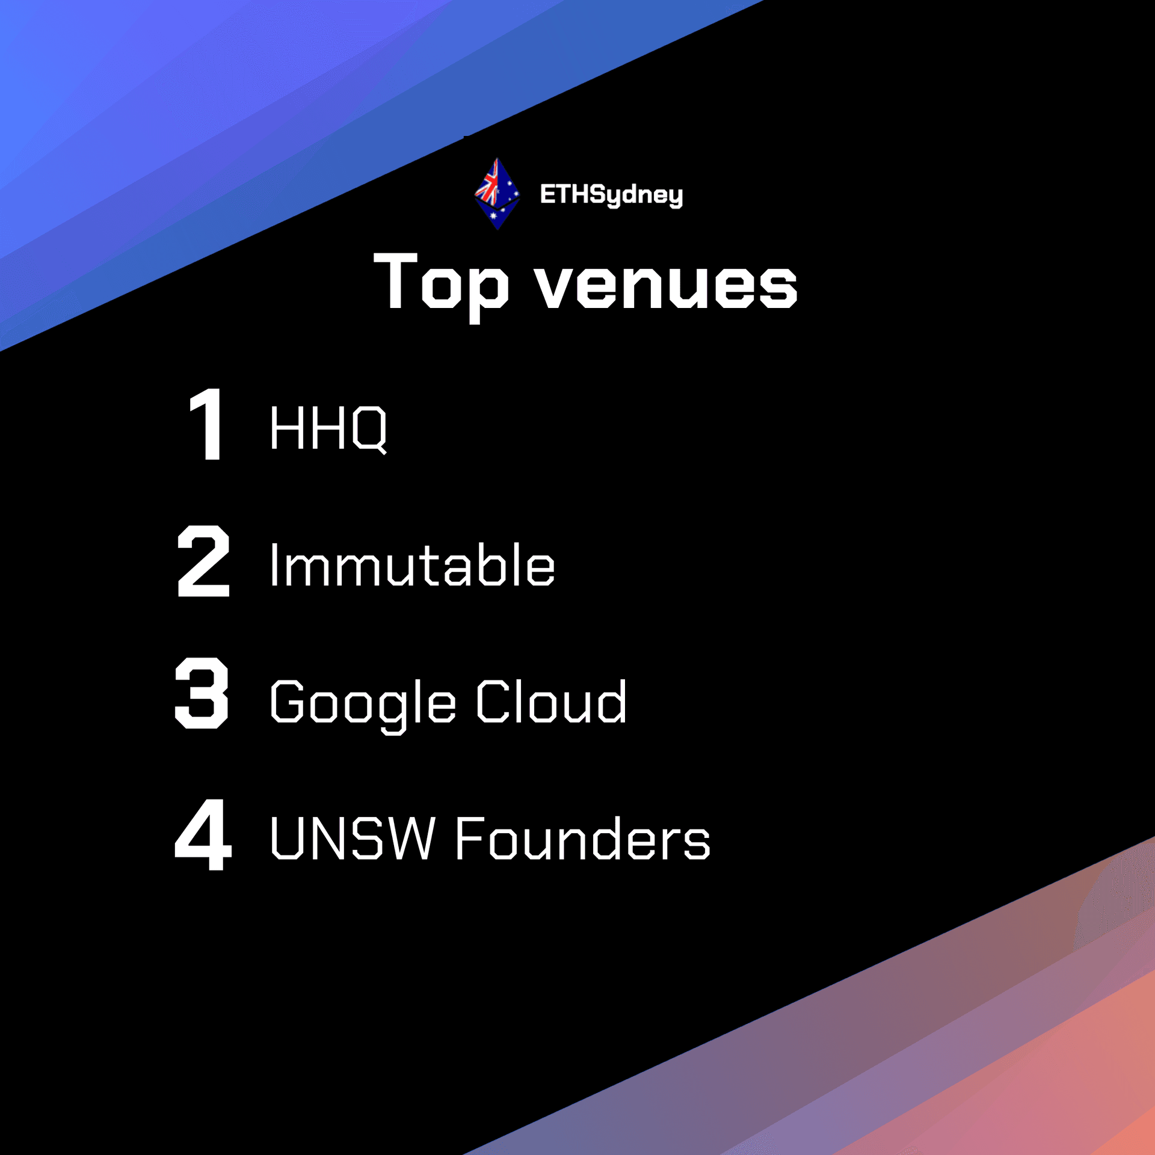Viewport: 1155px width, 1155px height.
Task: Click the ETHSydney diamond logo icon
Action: (x=497, y=194)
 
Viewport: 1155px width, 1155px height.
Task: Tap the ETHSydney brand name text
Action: (x=611, y=195)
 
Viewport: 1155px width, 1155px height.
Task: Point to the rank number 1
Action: (x=206, y=423)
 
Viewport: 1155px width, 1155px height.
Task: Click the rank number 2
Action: (x=203, y=560)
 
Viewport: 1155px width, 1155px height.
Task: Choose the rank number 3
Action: (x=202, y=692)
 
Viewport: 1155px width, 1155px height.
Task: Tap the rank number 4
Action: (x=203, y=834)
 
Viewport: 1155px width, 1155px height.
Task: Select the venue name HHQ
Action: (x=328, y=428)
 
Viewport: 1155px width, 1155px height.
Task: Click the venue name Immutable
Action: (x=413, y=564)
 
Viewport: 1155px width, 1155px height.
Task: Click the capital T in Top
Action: (x=395, y=281)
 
